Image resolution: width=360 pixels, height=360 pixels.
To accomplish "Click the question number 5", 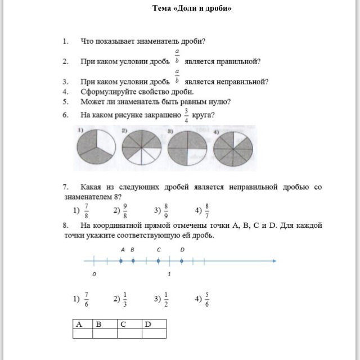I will tap(66, 102).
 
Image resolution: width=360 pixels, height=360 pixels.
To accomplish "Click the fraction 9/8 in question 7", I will tap(125, 210).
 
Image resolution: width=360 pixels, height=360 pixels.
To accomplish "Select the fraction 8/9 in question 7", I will tap(166, 210).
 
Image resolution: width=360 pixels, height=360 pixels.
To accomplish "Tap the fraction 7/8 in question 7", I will tap(85, 210).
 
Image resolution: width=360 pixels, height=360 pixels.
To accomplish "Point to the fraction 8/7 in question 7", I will tap(207, 210).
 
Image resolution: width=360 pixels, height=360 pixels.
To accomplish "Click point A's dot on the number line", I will tap(121, 260).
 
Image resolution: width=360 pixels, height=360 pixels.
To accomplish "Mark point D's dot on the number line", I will tap(182, 260).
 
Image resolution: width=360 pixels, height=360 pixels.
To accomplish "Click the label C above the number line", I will tap(159, 249).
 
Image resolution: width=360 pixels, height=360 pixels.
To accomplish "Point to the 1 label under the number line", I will tap(169, 274).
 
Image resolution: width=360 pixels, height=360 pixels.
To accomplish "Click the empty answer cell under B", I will tap(105, 333).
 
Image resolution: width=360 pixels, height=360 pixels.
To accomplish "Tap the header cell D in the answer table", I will tap(154, 323).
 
